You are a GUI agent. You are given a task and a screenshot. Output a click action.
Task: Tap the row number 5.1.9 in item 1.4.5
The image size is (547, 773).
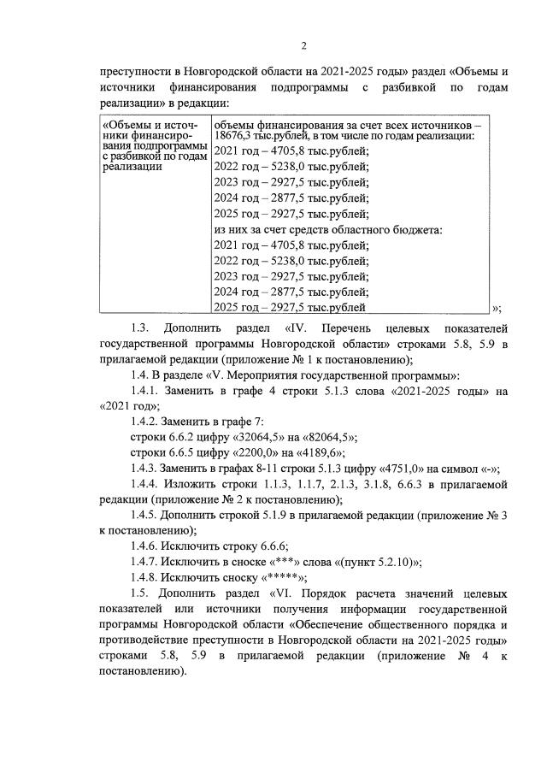tap(262, 515)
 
